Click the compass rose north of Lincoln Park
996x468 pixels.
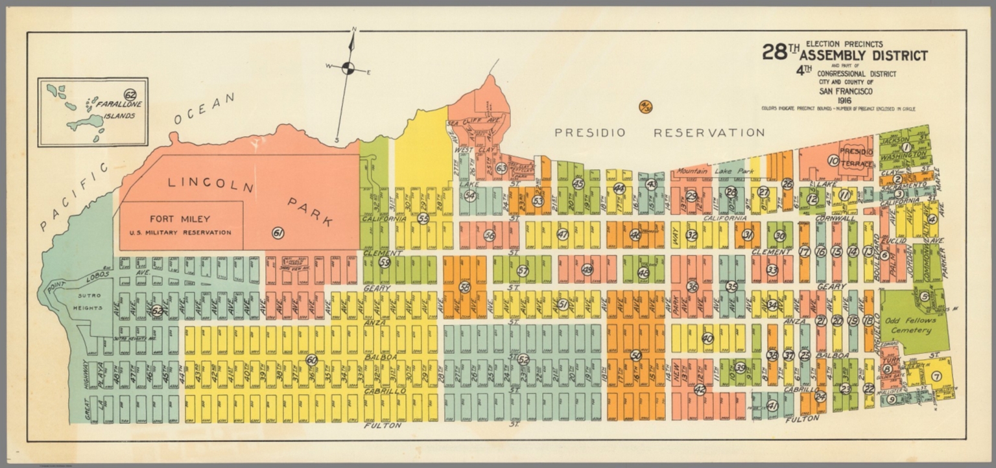pyautogui.click(x=348, y=68)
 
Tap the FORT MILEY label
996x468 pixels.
pyautogui.click(x=180, y=219)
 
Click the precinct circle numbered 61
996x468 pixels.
pyautogui.click(x=278, y=233)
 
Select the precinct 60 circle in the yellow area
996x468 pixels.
pyautogui.click(x=312, y=359)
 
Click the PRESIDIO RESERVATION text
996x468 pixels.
pyautogui.click(x=659, y=133)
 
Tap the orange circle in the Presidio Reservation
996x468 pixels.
pyautogui.click(x=645, y=107)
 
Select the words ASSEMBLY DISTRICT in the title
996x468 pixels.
pyautogui.click(x=863, y=56)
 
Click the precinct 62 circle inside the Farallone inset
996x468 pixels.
pyautogui.click(x=130, y=95)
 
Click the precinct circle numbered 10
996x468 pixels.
pyautogui.click(x=833, y=160)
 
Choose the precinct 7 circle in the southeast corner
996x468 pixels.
pyautogui.click(x=936, y=375)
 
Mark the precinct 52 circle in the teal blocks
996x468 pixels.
pyautogui.click(x=523, y=359)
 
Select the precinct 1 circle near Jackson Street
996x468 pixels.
pyautogui.click(x=906, y=148)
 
